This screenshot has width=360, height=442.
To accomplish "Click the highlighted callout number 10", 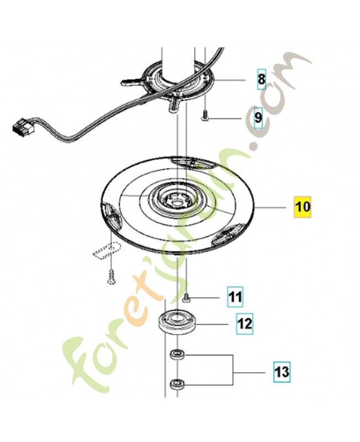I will point(302,207).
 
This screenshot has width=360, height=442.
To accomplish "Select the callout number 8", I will point(262,80).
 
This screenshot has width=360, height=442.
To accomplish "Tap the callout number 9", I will point(258,118).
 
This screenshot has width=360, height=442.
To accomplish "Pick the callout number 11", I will point(236,298).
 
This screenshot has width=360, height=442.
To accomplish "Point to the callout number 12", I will point(245,322).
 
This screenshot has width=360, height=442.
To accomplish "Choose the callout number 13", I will point(282,371).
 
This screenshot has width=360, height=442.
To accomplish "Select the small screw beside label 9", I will point(205,116).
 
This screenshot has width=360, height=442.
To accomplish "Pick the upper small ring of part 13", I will point(177,354).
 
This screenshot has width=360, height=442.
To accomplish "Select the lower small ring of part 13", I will point(177,382).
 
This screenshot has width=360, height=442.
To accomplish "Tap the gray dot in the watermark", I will point(255,148).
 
